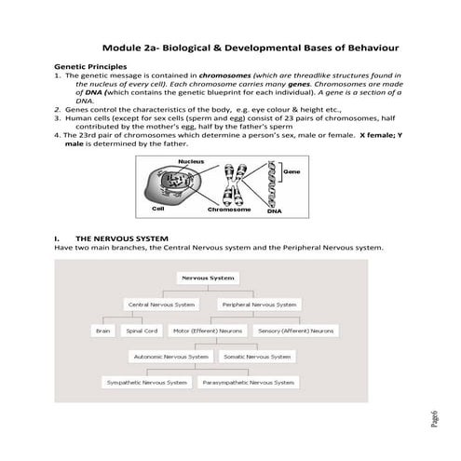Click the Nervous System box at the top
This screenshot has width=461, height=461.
(x=208, y=278)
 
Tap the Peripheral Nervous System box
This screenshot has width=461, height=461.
(x=260, y=304)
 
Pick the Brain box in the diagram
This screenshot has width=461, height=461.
(x=104, y=330)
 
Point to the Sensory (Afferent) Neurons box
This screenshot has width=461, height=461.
(x=296, y=330)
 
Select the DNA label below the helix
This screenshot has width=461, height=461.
(x=274, y=212)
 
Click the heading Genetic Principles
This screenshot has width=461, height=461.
(x=88, y=66)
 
